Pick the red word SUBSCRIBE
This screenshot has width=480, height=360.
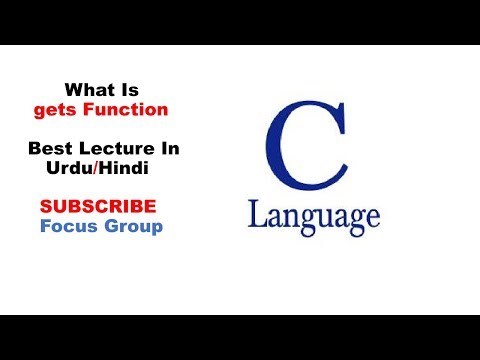coord(98,207)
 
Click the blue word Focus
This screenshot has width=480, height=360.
coord(66,226)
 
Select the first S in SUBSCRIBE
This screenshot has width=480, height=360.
coord(46,207)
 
